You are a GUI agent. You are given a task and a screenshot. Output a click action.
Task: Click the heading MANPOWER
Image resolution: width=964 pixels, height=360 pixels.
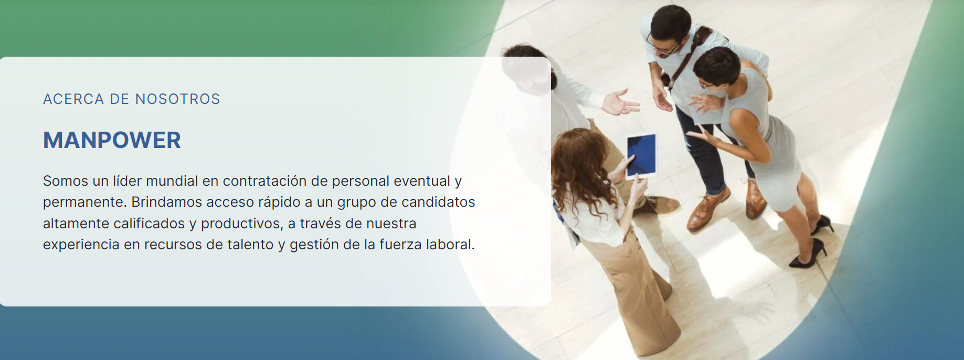coord(112,140)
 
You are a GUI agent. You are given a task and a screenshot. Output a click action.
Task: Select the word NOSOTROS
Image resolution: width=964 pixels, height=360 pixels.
coord(177,99)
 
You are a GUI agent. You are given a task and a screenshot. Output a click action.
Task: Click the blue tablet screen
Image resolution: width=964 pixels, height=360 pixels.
coord(641,154)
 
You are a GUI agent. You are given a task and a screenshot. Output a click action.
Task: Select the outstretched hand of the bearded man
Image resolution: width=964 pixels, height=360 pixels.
coord(622,102)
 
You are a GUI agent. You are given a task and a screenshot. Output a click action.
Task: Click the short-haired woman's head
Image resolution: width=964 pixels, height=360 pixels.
coord(716,68)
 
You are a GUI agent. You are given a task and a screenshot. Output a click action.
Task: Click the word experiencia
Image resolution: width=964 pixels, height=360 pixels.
coord(81,245)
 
